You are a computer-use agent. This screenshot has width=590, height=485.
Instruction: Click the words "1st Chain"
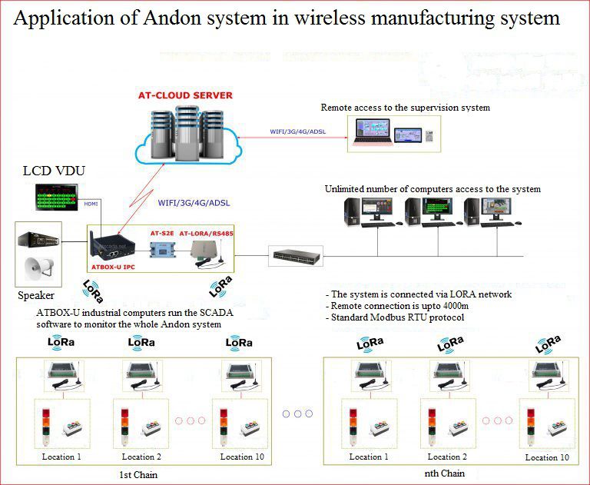[139, 474]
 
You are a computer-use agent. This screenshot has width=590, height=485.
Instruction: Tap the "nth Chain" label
[444, 473]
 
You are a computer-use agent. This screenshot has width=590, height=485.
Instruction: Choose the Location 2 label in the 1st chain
[142, 457]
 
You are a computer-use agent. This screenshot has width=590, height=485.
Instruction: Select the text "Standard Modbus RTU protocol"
[400, 317]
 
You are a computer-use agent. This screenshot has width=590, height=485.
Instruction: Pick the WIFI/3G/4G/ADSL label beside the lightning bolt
[194, 204]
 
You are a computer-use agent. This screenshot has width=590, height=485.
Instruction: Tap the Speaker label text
[36, 295]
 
